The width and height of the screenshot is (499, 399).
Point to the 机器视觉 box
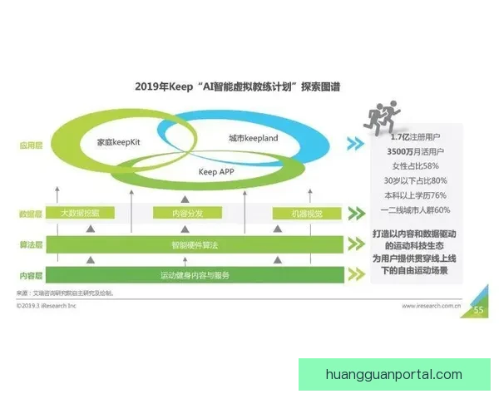coord(297,214)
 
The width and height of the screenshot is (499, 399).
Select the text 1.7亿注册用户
coord(413,137)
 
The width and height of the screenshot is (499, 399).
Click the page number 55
coord(478,311)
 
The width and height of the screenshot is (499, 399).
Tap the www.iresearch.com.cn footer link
coord(432,306)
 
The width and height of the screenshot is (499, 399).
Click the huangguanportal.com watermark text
coord(395,374)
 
